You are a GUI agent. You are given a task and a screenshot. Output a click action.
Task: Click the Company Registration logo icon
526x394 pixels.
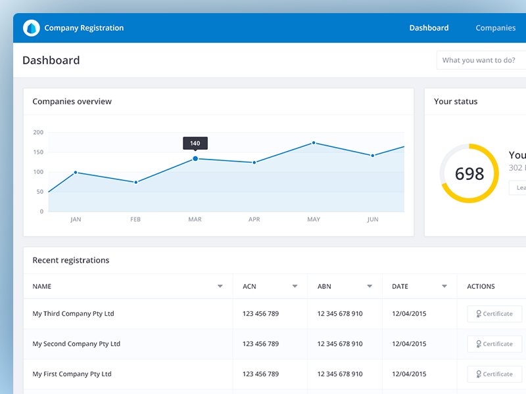coord(32,28)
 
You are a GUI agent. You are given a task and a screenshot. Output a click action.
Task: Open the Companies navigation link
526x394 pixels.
coord(495,28)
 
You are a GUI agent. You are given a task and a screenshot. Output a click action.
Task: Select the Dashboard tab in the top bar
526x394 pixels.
coord(429,28)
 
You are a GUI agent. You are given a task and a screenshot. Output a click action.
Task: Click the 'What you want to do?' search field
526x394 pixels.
coord(480,60)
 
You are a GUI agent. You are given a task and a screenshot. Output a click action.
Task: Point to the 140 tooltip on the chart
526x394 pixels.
coord(195,143)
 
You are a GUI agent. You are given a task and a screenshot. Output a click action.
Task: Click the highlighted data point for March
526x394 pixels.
coord(195,158)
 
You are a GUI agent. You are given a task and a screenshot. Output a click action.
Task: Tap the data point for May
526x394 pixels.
coord(314,142)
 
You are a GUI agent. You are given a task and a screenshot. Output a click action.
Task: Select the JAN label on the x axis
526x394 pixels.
coord(76,219)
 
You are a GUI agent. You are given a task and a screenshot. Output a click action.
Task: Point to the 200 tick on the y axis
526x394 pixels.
coord(38,133)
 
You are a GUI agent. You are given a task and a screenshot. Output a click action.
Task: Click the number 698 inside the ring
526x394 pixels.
coord(469,173)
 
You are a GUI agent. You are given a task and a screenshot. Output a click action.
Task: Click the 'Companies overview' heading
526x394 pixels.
coord(72,102)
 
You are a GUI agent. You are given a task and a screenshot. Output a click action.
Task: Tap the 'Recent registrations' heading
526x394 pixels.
coord(71,261)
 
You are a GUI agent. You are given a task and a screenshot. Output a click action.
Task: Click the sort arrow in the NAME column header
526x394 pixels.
coord(220,286)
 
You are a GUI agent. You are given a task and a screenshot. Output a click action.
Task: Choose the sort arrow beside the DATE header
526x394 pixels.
coord(445,286)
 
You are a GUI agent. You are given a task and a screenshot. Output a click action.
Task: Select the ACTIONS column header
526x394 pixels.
coord(481,286)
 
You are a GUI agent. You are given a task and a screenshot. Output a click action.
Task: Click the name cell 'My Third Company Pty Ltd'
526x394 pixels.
coord(74,314)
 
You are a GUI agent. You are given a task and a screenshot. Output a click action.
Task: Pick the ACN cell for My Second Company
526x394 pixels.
coord(260,344)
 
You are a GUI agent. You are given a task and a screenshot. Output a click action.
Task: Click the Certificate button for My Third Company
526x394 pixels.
coord(494,314)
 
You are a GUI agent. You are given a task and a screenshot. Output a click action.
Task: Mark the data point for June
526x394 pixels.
coord(373,156)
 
